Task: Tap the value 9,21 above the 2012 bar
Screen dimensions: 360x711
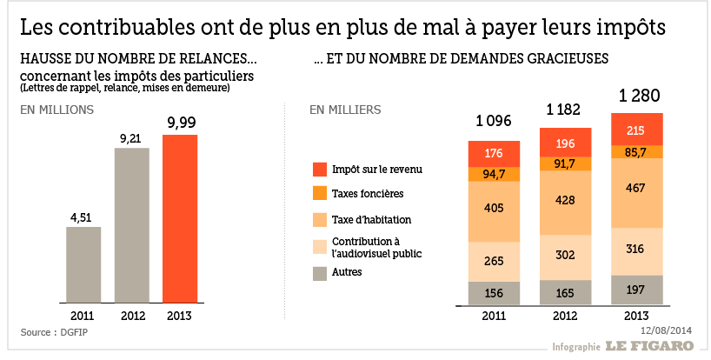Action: pyautogui.click(x=131, y=137)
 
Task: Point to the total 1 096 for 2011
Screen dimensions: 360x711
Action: pyautogui.click(x=493, y=121)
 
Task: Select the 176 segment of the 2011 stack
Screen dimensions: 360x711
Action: pyautogui.click(x=493, y=154)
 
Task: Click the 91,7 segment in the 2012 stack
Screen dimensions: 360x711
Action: pyautogui.click(x=566, y=163)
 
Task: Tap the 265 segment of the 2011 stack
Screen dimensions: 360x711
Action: pyautogui.click(x=493, y=262)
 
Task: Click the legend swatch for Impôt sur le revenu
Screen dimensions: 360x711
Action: pyautogui.click(x=319, y=168)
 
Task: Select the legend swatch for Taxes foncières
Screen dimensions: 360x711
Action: pyautogui.click(x=319, y=193)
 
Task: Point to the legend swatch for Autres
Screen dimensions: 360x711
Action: pyautogui.click(x=319, y=272)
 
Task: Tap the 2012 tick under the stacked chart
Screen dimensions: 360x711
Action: pyautogui.click(x=566, y=316)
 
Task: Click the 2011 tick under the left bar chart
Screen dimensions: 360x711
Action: pyautogui.click(x=83, y=316)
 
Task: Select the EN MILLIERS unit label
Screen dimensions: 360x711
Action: pyautogui.click(x=345, y=110)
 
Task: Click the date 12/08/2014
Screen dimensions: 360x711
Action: pyautogui.click(x=666, y=330)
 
